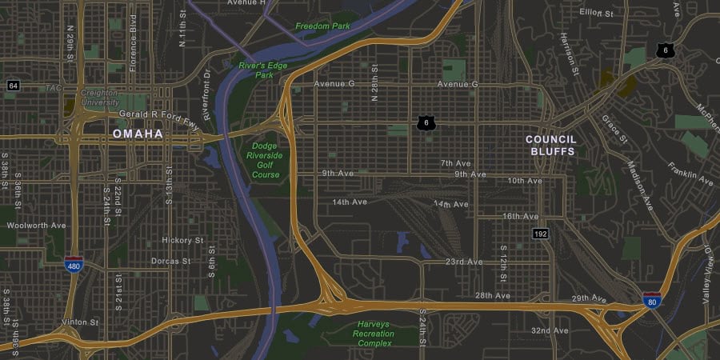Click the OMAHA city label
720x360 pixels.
(138, 134)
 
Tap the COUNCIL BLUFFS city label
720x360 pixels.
(550, 145)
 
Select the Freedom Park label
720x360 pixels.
(322, 26)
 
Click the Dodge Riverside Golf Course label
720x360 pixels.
(265, 160)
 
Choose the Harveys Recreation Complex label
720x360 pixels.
(374, 334)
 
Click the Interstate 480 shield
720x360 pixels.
(74, 265)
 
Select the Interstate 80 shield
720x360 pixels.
(652, 301)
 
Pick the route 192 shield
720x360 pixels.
(541, 234)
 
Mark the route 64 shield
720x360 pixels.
(13, 85)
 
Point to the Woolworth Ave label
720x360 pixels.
(36, 226)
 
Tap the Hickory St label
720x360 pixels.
(182, 240)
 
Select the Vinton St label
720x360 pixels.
(79, 322)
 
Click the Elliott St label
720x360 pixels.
(596, 14)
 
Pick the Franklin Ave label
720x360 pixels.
(690, 174)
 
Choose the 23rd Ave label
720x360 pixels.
(464, 262)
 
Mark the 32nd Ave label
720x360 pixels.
(550, 330)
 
